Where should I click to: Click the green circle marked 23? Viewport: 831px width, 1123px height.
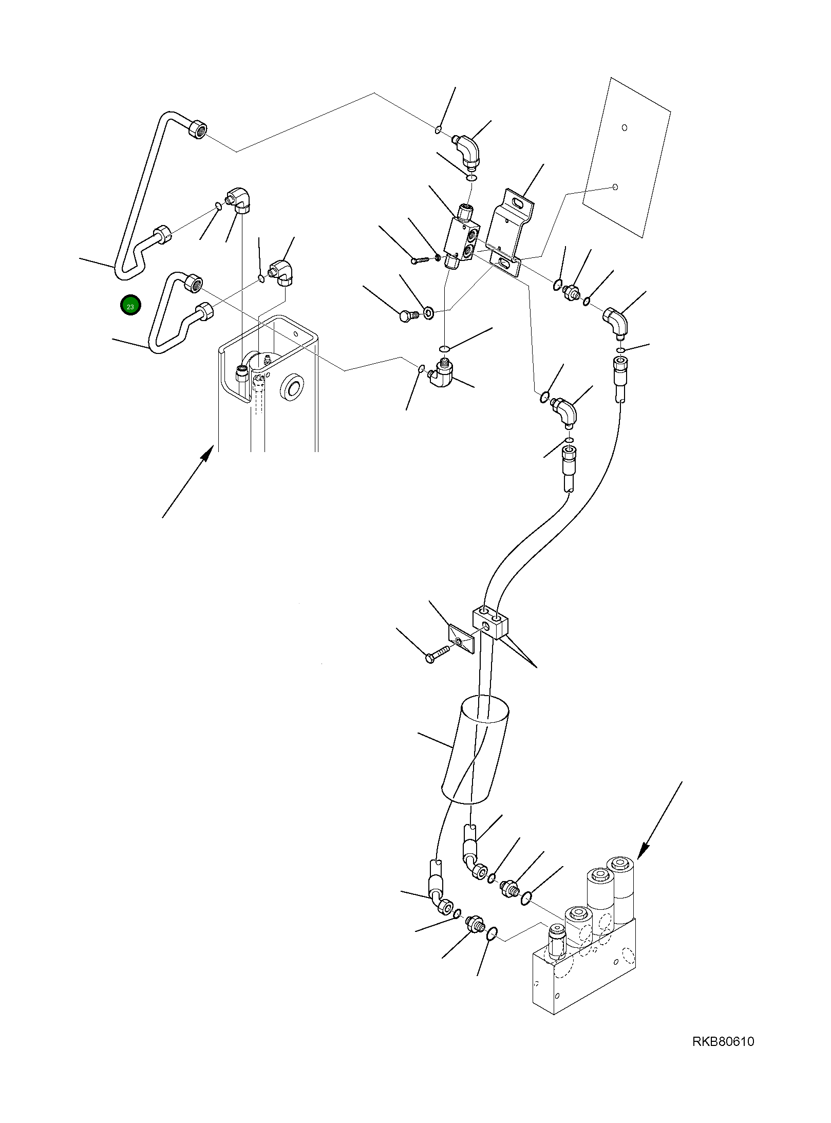pyautogui.click(x=130, y=306)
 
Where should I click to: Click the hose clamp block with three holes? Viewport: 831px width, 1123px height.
pyautogui.click(x=490, y=622)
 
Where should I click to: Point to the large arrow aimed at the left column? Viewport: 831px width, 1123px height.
pyautogui.click(x=187, y=482)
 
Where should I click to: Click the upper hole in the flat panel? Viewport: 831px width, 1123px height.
pyautogui.click(x=624, y=127)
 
